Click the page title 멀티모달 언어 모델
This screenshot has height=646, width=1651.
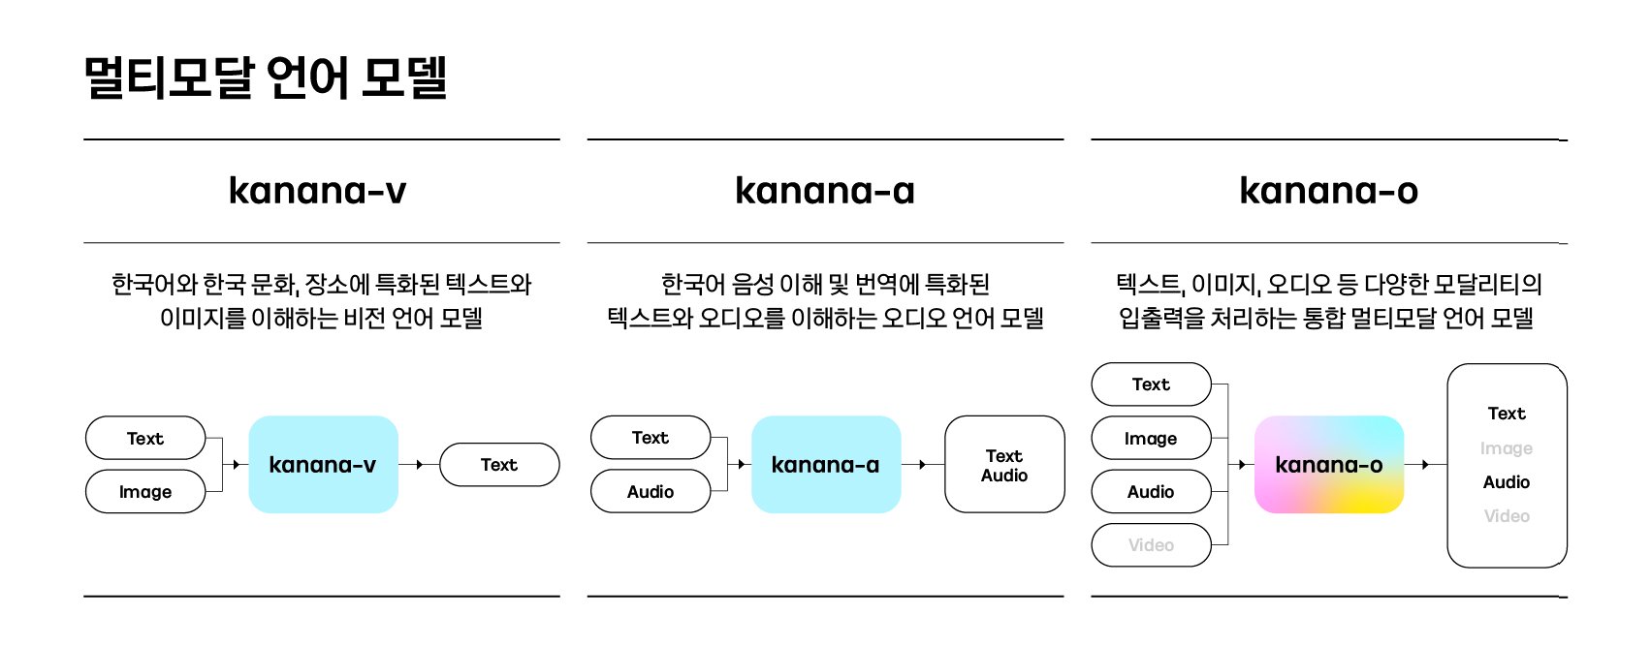(x=265, y=78)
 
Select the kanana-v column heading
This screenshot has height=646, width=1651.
(x=318, y=191)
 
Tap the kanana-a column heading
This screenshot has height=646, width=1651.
(x=825, y=191)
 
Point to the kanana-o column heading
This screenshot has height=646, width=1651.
(x=1328, y=191)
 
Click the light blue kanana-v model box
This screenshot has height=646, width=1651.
(x=323, y=465)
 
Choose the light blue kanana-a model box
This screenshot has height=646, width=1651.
(x=825, y=465)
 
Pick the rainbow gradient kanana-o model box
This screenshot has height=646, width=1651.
(x=1328, y=465)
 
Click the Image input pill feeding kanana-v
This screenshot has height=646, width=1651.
(x=145, y=492)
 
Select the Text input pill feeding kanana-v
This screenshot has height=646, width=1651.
(x=145, y=439)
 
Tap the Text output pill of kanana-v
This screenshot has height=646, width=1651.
(x=499, y=465)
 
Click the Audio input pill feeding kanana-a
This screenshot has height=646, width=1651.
(x=651, y=492)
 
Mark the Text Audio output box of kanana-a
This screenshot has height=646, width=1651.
(x=1004, y=465)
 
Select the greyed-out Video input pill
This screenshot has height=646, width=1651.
(x=1151, y=545)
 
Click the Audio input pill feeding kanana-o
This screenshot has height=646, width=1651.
(x=1151, y=492)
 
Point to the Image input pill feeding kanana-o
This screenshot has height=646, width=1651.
(x=1151, y=439)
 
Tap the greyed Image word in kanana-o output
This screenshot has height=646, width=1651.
(x=1507, y=448)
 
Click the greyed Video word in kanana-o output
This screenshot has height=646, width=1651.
(x=1507, y=516)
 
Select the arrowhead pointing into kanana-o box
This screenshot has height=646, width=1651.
(x=1242, y=465)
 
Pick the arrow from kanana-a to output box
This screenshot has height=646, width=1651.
(x=922, y=465)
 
